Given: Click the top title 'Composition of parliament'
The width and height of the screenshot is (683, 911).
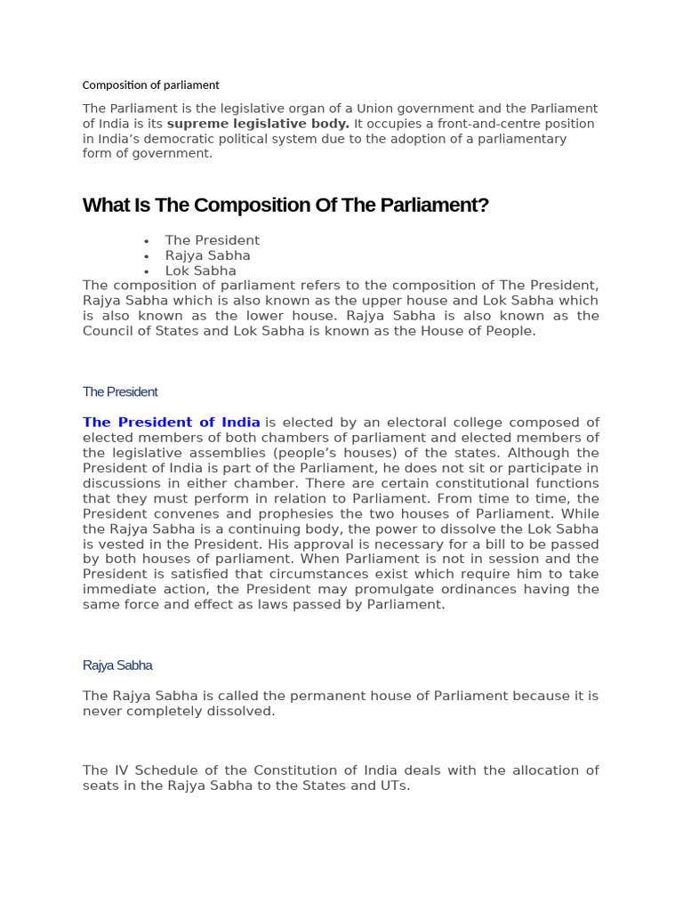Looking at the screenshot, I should click(x=150, y=85).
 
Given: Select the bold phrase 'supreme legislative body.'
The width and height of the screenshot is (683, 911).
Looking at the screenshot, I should click(x=258, y=124).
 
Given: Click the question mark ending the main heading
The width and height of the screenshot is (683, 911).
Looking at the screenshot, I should click(x=485, y=206).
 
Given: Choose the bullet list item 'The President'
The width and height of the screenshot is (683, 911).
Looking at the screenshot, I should click(x=212, y=240).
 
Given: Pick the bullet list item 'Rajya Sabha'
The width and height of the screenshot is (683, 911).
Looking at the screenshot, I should click(x=207, y=255).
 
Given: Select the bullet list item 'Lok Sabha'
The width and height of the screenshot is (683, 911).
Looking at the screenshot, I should click(x=200, y=270).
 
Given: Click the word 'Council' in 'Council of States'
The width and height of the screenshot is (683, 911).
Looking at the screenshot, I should click(x=109, y=331).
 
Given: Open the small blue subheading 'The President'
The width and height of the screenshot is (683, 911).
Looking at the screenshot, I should click(x=120, y=391).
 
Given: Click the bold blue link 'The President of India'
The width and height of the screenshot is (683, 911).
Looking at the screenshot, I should click(x=172, y=423).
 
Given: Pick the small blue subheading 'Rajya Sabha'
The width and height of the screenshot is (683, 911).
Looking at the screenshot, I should click(x=117, y=665).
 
